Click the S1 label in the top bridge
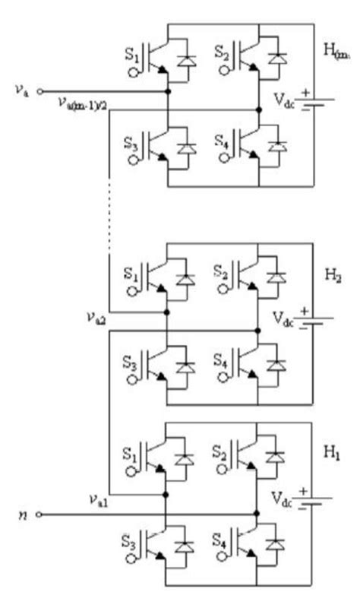tap(131, 55)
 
